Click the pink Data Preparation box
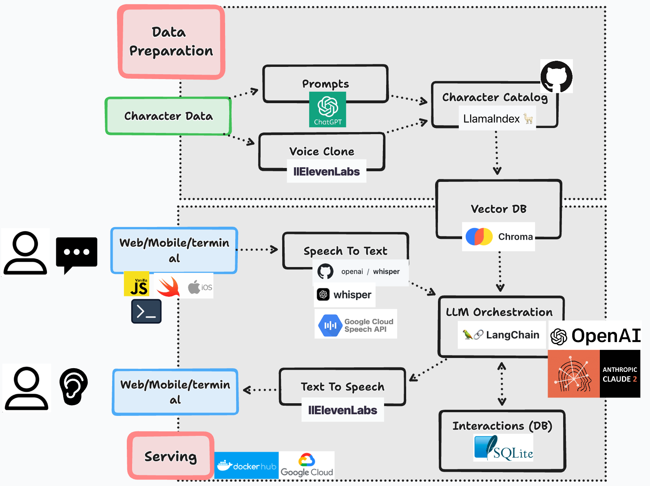(171, 42)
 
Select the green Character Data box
(168, 116)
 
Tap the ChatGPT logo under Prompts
(327, 109)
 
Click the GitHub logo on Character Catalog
(556, 76)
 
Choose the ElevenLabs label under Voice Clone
(326, 172)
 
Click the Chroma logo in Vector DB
(479, 236)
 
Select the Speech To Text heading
(345, 251)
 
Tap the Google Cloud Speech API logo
(356, 325)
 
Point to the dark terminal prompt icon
(146, 311)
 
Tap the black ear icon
(73, 386)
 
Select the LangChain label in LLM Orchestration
(502, 335)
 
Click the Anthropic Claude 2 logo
(594, 374)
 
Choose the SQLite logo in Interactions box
(504, 448)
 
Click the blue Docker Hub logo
(246, 465)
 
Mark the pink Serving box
(170, 456)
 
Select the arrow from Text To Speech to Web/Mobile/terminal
(260, 390)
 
